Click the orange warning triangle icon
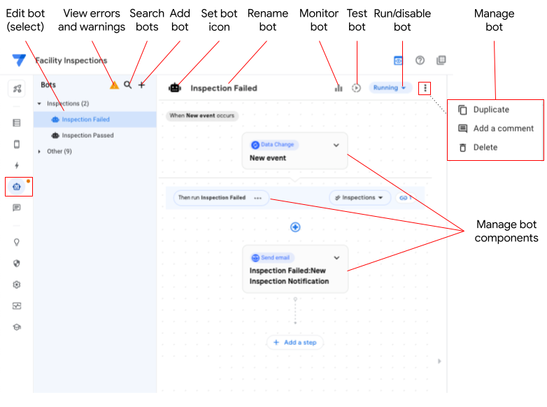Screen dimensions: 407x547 pos(114,85)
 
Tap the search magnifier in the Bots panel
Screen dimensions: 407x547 pos(127,85)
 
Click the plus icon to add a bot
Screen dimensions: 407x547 pos(141,85)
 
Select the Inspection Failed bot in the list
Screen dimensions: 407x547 pos(85,120)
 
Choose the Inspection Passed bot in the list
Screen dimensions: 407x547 pos(87,136)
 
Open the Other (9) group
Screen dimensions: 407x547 pos(59,151)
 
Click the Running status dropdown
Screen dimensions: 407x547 pos(389,88)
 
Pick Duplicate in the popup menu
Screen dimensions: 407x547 pos(491,110)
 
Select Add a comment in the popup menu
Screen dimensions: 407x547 pos(503,129)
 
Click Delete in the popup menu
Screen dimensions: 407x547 pos(485,148)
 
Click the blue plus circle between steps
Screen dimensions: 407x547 pos(295,227)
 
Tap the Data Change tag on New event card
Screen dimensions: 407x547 pos(273,145)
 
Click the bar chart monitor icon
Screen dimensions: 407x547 pos(339,88)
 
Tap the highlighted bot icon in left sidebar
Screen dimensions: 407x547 pos(17,187)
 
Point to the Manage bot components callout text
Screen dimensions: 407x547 pos(506,231)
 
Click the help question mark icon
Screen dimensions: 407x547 pos(420,61)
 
